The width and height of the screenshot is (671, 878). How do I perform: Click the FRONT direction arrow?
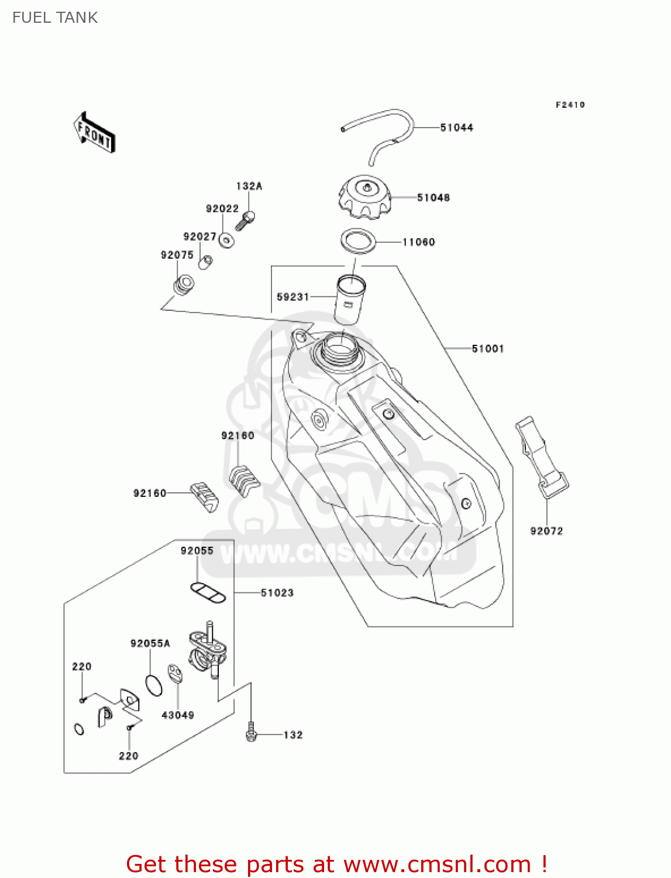[94, 132]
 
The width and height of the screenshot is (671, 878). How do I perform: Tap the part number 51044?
[456, 128]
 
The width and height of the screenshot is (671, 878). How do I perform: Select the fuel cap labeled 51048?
[364, 197]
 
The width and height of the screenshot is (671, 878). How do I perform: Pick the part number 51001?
[487, 348]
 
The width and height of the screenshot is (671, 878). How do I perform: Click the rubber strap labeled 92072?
[542, 457]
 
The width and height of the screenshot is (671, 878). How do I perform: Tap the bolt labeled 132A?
[245, 221]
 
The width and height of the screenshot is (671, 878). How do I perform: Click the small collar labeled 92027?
[205, 262]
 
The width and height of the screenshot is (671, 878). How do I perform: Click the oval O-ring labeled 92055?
[208, 592]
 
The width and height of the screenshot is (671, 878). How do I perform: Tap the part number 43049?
[178, 715]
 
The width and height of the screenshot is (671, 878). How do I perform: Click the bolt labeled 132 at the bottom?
[251, 732]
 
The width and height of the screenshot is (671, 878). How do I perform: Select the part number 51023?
[277, 592]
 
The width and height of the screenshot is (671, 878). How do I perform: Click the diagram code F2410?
[570, 105]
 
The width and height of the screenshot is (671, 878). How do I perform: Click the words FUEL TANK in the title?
[55, 18]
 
